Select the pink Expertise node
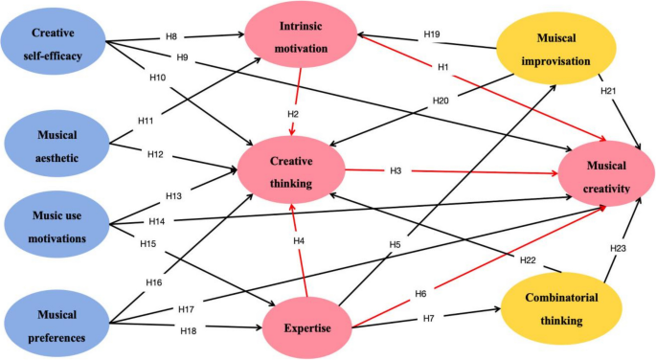(306, 328)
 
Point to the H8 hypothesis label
(172, 36)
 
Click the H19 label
(432, 34)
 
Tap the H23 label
(620, 249)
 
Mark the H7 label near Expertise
(428, 317)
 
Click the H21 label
(607, 90)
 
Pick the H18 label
(191, 330)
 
